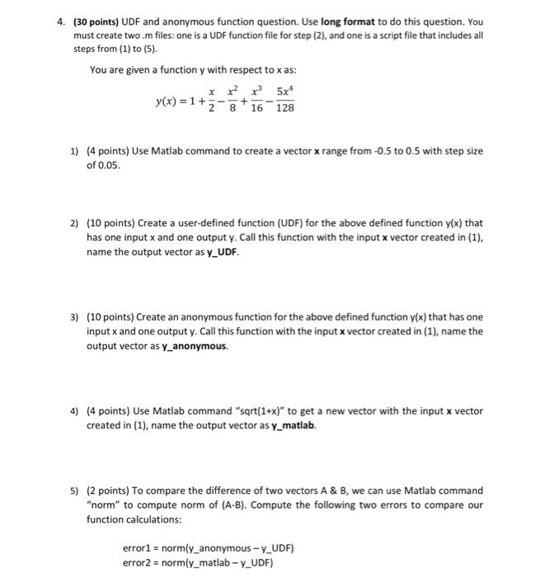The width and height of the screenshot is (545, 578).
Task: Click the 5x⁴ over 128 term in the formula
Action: click(x=284, y=102)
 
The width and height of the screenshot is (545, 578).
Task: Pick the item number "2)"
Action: click(x=74, y=223)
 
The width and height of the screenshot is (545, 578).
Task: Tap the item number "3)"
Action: click(x=74, y=318)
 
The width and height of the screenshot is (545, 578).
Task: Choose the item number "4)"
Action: click(x=74, y=410)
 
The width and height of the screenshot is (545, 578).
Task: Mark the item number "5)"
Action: click(x=74, y=490)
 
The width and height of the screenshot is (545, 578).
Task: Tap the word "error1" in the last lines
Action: click(x=136, y=548)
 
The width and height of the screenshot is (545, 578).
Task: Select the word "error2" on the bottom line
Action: click(x=136, y=563)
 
